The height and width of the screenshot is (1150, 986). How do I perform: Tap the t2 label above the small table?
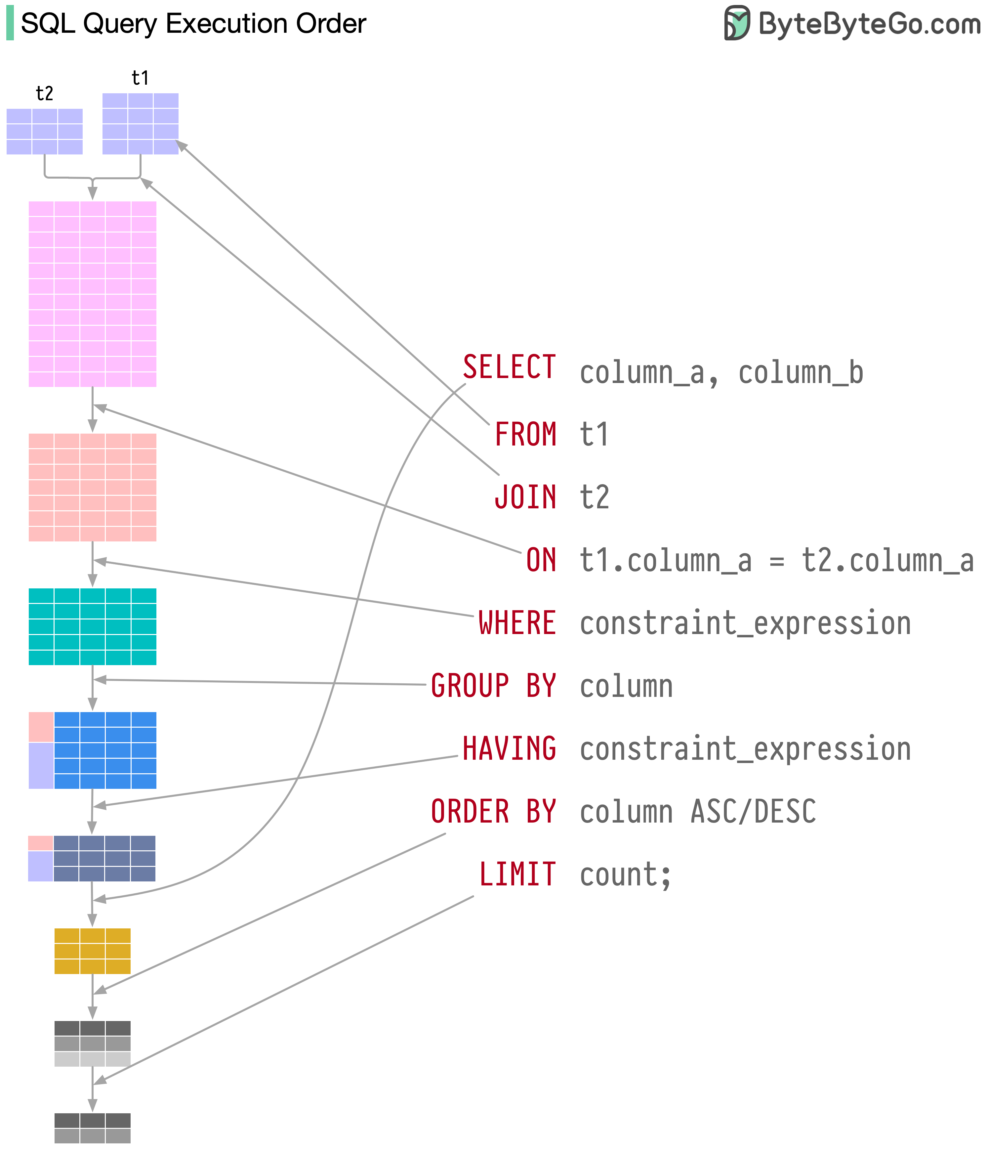point(44,93)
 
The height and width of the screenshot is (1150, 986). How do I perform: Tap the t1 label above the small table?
point(140,78)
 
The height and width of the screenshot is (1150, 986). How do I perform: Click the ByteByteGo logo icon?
point(737,23)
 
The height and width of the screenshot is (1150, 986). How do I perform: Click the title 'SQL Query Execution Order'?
point(193,23)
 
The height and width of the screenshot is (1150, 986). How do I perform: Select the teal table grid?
point(92,627)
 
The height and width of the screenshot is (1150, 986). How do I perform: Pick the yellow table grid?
point(92,951)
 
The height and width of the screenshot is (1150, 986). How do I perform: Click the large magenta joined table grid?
point(92,294)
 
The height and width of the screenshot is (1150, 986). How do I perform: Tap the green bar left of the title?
point(10,23)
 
